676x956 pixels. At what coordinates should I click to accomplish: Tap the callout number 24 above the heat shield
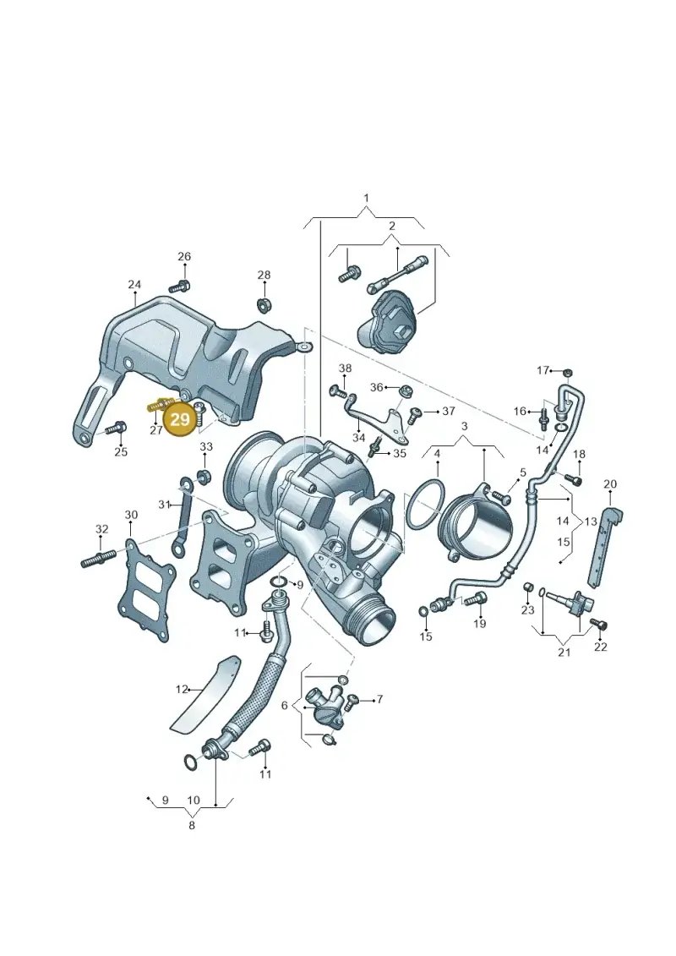[134, 285]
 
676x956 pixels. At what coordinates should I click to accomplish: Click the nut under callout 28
[264, 303]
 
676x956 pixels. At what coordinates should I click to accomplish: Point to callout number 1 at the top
[367, 198]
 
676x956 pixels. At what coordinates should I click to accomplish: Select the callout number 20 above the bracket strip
[610, 484]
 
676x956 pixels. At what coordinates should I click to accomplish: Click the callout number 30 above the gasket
[131, 515]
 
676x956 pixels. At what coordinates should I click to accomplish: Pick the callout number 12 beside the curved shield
[183, 690]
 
